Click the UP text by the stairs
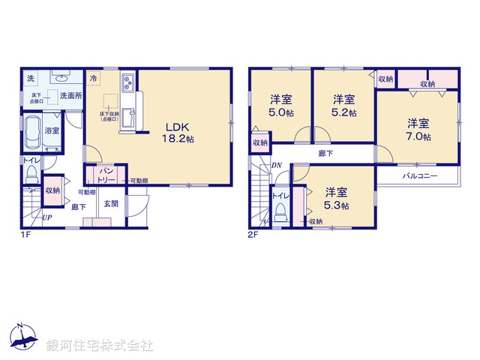(x=47, y=217)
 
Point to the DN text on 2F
(x=276, y=166)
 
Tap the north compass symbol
(x=22, y=337)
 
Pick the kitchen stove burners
(x=126, y=81)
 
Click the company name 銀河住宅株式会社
(x=100, y=346)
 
